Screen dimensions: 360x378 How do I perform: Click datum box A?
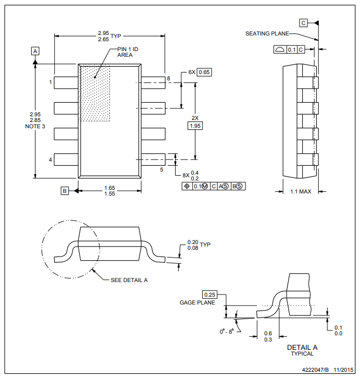(35, 51)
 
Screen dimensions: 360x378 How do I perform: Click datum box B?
(65, 191)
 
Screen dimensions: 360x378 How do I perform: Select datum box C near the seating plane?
(303, 23)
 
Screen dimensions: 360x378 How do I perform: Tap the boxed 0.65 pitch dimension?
(204, 72)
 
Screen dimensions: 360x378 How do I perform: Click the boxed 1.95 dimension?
(195, 126)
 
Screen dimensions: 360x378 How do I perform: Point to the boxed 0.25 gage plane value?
(209, 295)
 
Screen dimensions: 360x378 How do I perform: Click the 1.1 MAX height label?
(301, 191)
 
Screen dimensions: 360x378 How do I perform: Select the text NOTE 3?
(35, 126)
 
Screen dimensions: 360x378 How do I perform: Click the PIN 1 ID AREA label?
(128, 52)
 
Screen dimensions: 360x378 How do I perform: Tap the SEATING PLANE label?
(267, 33)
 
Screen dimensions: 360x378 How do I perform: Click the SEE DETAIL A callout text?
(129, 280)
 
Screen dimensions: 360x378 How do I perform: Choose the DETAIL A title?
(302, 347)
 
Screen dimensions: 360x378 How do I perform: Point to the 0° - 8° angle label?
(227, 332)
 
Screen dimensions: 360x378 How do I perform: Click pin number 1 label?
(51, 82)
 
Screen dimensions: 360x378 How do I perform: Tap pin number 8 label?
(168, 78)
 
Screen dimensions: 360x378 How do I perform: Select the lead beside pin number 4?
(66, 160)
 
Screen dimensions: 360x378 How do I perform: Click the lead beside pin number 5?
(153, 160)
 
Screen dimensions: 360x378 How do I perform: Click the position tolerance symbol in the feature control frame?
(187, 186)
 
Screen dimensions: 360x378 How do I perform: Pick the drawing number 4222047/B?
(315, 370)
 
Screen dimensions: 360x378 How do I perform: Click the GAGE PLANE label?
(197, 302)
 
